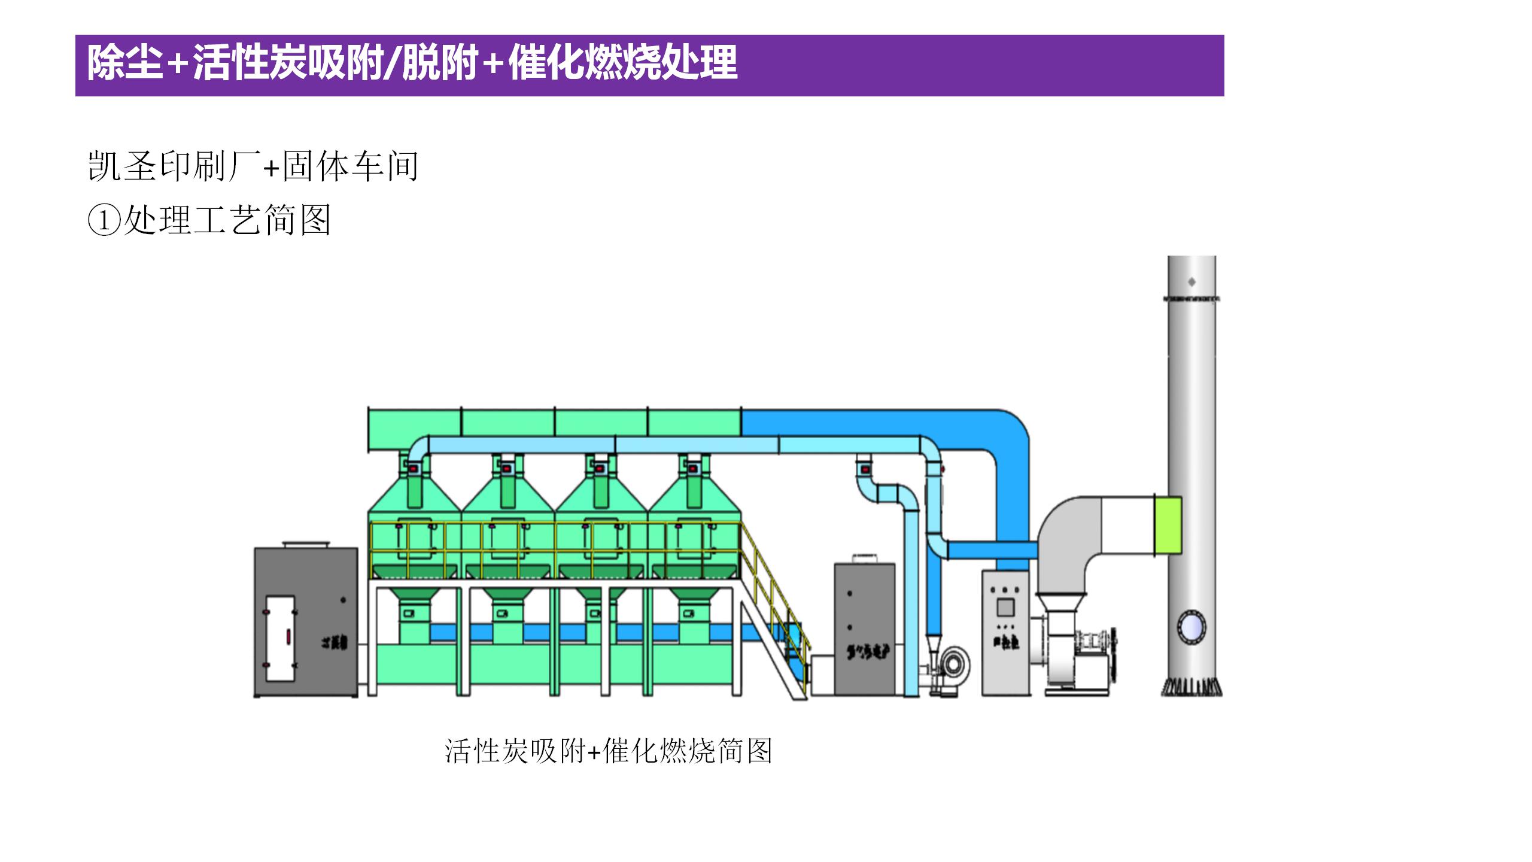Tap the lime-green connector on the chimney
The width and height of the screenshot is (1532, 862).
coord(1167,525)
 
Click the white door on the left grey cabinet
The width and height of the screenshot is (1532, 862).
coord(279,638)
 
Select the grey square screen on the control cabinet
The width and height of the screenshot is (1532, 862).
coord(1005,608)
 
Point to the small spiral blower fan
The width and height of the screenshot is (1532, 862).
coord(953,664)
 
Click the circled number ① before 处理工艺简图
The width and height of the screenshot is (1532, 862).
coord(104,220)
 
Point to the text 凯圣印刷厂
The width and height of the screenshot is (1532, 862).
coord(174,166)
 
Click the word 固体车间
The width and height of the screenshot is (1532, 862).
coord(350,166)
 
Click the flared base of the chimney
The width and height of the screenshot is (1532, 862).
coord(1191,687)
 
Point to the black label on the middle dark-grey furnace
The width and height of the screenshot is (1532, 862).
coord(866,651)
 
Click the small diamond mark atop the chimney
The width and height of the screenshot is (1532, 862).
coord(1191,281)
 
